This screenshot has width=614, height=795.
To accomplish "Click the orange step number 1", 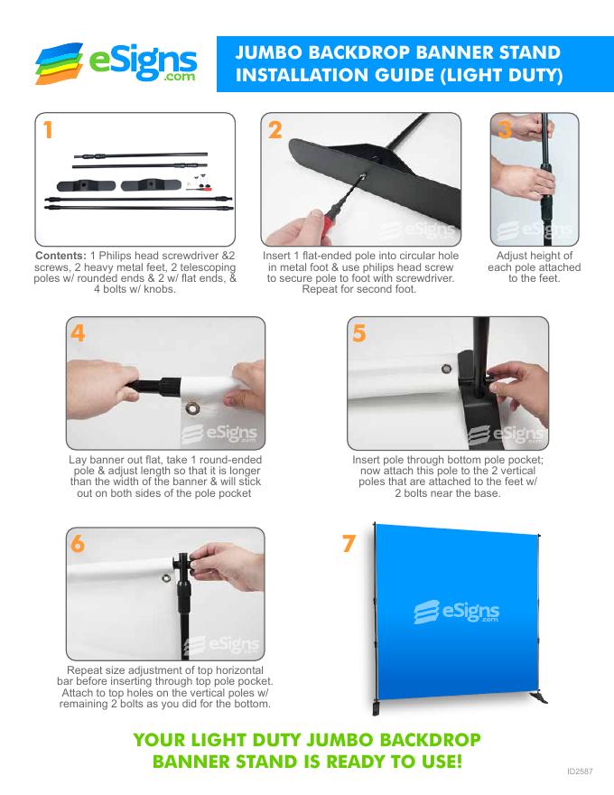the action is [48, 130].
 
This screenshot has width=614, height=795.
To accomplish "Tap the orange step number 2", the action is [275, 130].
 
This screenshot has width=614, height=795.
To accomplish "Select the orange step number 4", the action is [78, 333].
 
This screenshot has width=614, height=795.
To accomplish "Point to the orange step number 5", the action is [359, 333].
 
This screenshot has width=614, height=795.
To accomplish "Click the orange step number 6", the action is [78, 544].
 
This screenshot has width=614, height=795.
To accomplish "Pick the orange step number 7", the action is [349, 544].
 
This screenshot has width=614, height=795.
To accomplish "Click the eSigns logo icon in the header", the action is [59, 63].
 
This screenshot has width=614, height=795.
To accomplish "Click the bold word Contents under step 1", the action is [60, 256].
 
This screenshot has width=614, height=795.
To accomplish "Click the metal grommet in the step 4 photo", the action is [192, 408].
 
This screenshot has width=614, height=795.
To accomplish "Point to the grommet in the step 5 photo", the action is [446, 368].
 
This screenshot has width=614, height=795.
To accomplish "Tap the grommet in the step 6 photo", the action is [166, 577].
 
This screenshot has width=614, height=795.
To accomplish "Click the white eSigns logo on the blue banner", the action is [457, 612].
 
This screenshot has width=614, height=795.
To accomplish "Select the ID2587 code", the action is [580, 772].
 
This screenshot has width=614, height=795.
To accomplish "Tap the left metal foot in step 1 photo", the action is [86, 185].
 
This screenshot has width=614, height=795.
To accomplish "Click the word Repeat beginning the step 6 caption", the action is [84, 670].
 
